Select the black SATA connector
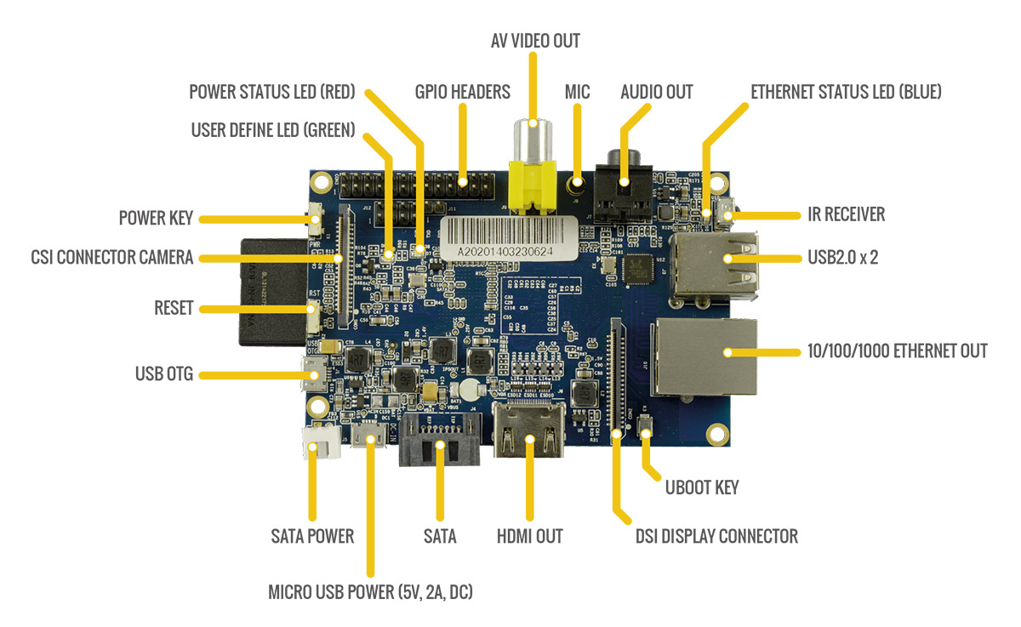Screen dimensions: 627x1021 click(x=439, y=440)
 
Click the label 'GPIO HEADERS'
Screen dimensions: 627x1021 click(x=463, y=91)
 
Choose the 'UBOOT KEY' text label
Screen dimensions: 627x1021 click(x=701, y=487)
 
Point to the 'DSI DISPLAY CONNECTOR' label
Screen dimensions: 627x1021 click(x=716, y=536)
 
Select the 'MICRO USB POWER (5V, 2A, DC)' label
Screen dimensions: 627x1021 click(x=370, y=591)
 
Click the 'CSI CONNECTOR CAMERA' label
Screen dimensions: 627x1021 click(x=111, y=256)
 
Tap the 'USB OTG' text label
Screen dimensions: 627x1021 click(x=165, y=373)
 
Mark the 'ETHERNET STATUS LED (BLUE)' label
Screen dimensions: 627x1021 click(x=846, y=91)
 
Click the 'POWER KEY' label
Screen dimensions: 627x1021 click(x=156, y=219)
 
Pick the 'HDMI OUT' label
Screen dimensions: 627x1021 click(x=529, y=536)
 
